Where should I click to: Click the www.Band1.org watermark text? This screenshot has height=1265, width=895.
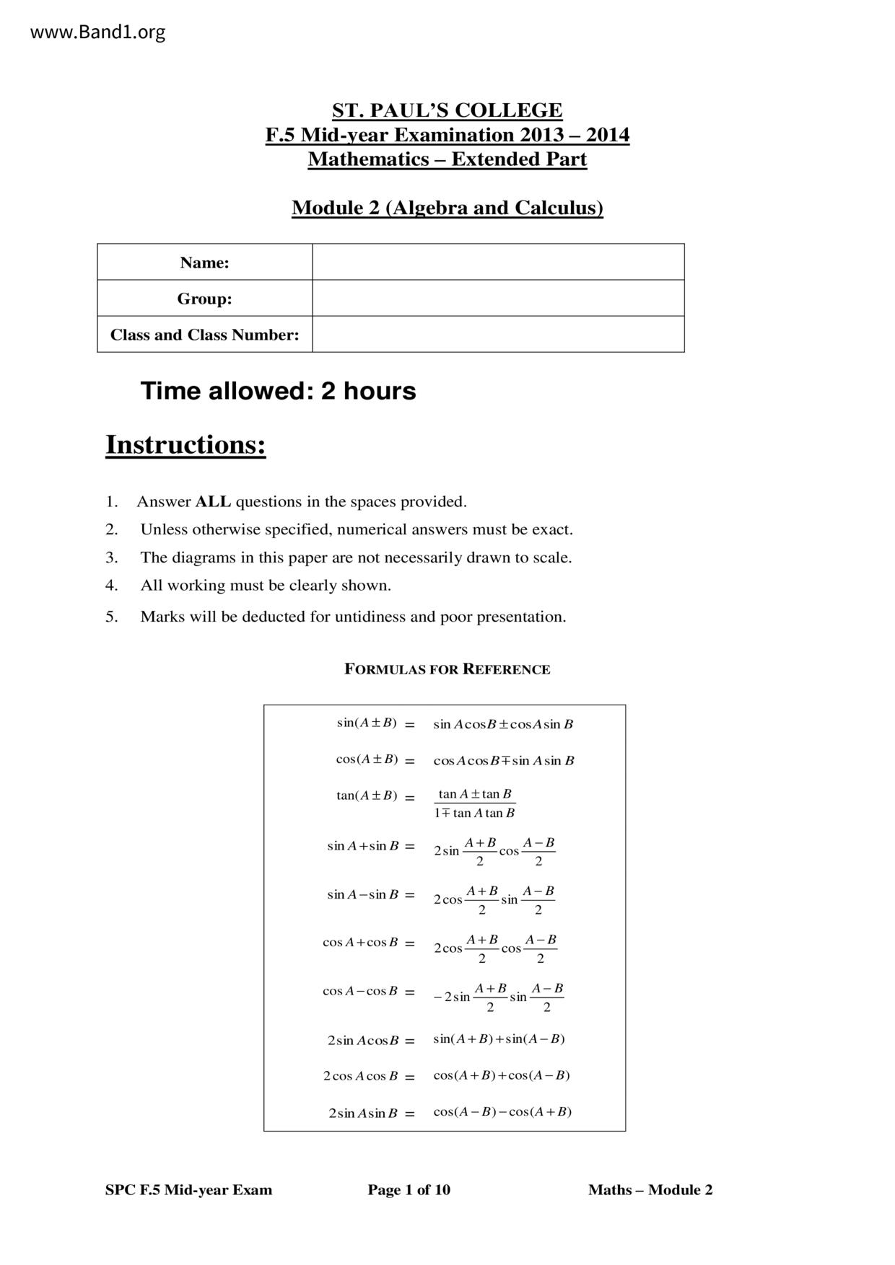(97, 32)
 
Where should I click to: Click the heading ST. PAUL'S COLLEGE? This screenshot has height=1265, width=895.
(447, 110)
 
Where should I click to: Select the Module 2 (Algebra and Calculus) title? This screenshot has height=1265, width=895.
(447, 208)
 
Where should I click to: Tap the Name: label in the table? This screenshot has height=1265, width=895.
(204, 263)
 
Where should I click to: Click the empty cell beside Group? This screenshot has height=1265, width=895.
(498, 298)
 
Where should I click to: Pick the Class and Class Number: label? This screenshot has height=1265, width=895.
(204, 335)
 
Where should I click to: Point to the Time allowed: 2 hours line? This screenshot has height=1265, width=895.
(278, 391)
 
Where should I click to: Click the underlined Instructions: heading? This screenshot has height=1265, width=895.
(185, 444)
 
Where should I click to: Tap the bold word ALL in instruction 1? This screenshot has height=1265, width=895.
(213, 501)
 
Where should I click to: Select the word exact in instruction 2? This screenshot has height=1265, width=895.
(551, 529)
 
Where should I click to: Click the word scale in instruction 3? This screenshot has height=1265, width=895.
(551, 557)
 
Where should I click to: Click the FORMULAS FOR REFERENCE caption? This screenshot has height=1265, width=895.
(447, 669)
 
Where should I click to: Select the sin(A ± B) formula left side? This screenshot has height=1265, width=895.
(367, 723)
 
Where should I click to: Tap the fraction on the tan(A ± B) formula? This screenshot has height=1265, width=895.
(475, 803)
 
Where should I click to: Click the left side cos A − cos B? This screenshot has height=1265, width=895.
(360, 991)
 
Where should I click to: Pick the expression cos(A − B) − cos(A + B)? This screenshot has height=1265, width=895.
(502, 1111)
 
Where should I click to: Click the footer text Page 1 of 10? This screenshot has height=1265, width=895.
(409, 1190)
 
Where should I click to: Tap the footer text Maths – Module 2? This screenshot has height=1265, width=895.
(650, 1190)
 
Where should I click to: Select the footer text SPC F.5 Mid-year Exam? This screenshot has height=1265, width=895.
(188, 1190)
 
